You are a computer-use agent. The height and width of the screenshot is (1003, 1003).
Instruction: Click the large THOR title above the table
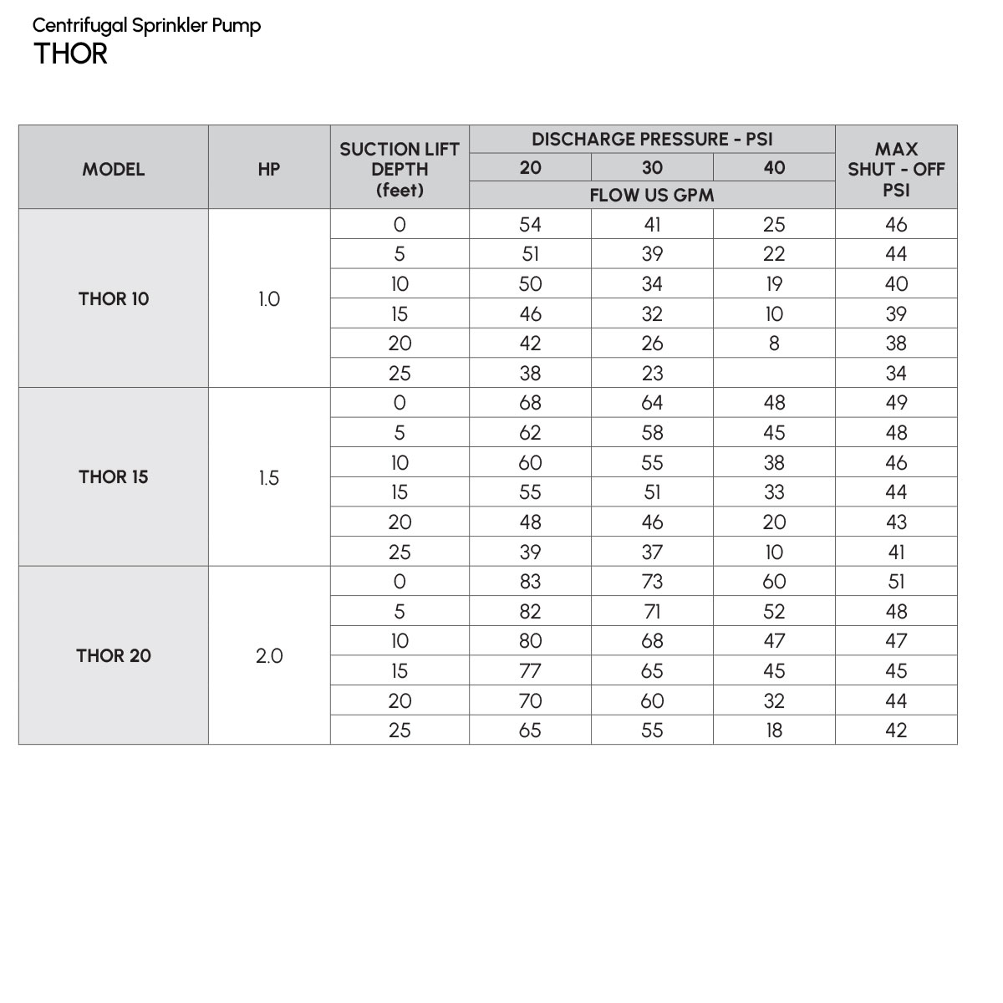[71, 54]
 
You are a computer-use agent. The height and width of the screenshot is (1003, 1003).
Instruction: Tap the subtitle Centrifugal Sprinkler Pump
[147, 25]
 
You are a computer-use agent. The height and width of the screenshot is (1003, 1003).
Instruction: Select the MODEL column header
[114, 169]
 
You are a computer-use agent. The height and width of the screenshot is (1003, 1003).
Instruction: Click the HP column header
[269, 169]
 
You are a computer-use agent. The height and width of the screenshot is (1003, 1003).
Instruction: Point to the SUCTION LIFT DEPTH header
[400, 169]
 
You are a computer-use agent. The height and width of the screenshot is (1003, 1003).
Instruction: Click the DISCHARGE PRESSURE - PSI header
[652, 140]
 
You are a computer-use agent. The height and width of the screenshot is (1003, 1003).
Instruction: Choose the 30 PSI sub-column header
[652, 168]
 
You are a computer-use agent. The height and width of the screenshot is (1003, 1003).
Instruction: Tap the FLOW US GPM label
[652, 196]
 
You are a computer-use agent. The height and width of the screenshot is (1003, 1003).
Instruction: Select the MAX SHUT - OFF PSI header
[896, 169]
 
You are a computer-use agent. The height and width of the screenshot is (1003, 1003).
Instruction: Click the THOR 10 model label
[114, 299]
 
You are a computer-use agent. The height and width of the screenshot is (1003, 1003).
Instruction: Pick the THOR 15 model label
[114, 477]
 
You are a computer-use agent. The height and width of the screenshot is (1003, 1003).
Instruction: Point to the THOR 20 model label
[114, 656]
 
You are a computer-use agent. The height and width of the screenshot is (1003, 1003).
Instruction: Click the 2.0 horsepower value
[269, 657]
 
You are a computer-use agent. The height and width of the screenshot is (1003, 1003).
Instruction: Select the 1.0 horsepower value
[269, 299]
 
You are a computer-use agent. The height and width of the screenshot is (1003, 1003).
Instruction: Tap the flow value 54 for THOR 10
[530, 225]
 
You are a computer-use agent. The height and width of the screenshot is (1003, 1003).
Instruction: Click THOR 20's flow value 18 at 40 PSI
[774, 731]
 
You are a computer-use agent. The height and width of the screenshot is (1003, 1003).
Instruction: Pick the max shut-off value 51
[896, 582]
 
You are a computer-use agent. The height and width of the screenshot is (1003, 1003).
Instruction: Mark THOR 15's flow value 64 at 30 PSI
[652, 403]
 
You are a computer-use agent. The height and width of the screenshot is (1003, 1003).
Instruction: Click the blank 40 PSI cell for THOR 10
[774, 374]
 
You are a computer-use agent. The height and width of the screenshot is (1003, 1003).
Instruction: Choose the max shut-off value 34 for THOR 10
[896, 374]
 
